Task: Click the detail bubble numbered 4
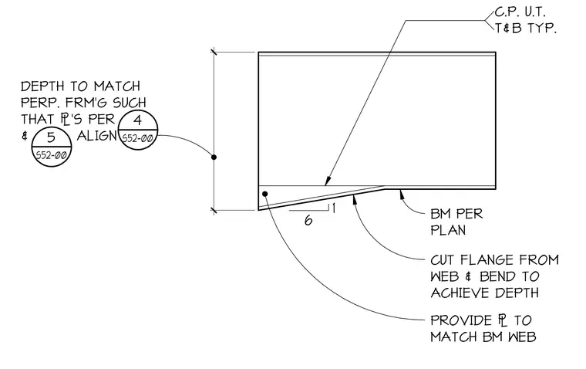[x=138, y=130]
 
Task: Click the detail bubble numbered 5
[x=51, y=147]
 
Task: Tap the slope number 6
[x=308, y=221]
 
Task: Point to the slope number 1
[x=333, y=208]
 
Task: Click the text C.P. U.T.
[x=520, y=12]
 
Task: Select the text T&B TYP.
[x=526, y=28]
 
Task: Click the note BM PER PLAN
[x=456, y=222]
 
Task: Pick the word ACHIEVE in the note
[x=462, y=293]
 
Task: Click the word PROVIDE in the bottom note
[x=461, y=320]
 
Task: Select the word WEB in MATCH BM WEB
[x=522, y=337]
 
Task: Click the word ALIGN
[x=97, y=136]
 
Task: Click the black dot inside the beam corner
[x=265, y=194]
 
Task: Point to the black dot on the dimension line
[x=214, y=157]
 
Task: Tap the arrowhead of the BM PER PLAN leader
[x=402, y=194]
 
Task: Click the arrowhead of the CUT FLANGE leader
[x=354, y=200]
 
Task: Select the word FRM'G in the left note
[x=92, y=103]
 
